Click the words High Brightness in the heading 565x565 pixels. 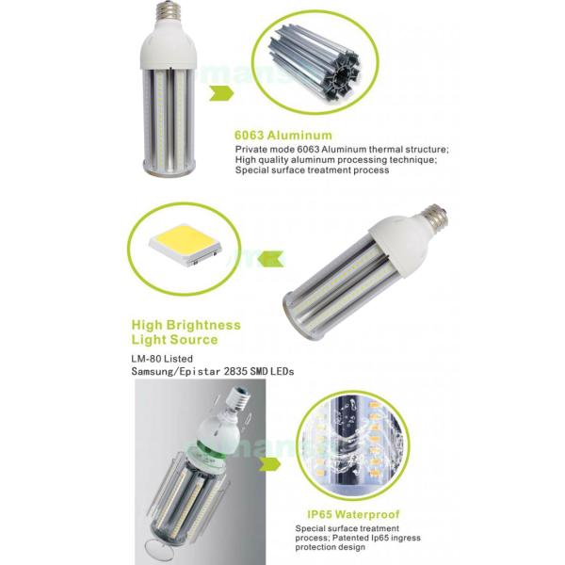pos(186,325)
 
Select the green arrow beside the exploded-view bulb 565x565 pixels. pos(274,464)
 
